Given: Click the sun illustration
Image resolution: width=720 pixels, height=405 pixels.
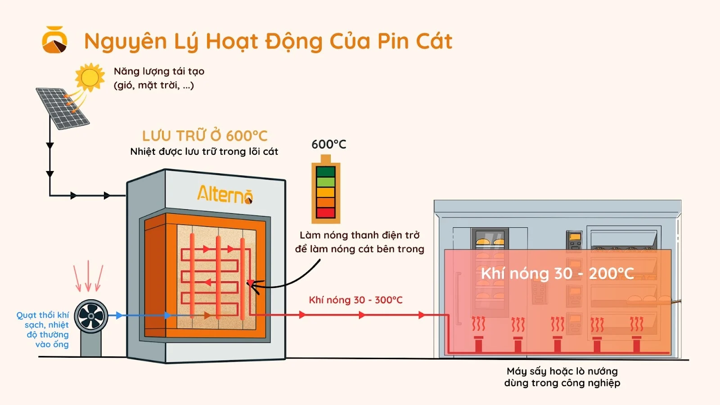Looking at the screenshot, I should tap(90, 77).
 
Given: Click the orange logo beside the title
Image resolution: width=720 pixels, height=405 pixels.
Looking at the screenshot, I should tap(54, 40).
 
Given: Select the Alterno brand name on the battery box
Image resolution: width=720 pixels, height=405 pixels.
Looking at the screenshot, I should tap(225, 195).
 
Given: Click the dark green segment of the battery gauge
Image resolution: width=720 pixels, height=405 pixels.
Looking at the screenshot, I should tap(326, 171).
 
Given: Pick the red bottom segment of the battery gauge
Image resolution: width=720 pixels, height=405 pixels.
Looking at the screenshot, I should tap(326, 213).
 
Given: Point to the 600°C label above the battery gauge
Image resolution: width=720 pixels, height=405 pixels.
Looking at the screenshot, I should tap(329, 144).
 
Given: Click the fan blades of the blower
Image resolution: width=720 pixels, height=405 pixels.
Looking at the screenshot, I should tap(91, 315).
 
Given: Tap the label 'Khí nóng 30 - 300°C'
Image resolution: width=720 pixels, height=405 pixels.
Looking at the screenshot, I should tap(355, 300).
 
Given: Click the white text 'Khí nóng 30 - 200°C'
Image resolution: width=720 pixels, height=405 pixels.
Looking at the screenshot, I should tap(557, 273).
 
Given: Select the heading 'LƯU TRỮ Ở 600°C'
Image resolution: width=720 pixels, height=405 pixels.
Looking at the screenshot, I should tap(205, 135).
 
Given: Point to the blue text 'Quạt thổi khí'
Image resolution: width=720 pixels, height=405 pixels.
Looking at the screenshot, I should tap(43, 315).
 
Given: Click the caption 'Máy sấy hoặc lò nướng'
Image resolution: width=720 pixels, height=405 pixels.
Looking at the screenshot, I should tap(562, 371).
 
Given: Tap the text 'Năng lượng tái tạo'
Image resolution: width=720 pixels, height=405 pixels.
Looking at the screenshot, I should tap(159, 71).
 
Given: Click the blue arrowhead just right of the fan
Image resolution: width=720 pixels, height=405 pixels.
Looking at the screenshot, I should tap(119, 315).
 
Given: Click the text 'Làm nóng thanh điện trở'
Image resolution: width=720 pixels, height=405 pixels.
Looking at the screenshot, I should tap(360, 235).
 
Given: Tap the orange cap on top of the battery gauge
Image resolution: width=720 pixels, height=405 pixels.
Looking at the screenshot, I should tap(326, 159).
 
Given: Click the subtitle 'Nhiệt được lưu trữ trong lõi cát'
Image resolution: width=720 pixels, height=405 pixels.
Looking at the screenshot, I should tap(204, 152).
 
